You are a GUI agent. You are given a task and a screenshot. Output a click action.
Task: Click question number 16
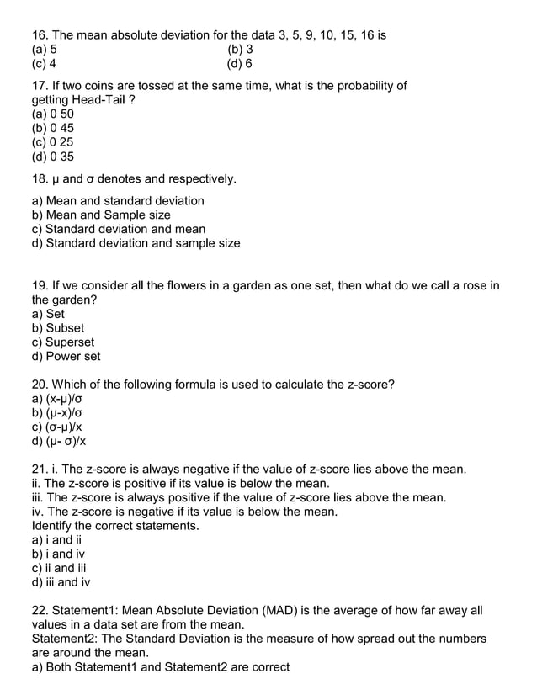pyautogui.click(x=40, y=35)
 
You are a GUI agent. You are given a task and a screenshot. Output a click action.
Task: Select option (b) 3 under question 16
pyautogui.click(x=240, y=50)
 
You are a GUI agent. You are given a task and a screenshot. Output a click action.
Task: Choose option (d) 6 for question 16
pyautogui.click(x=240, y=64)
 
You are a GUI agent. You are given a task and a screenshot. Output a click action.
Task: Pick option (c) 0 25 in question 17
pyautogui.click(x=52, y=142)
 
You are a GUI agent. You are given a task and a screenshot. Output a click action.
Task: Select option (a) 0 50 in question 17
pyautogui.click(x=52, y=114)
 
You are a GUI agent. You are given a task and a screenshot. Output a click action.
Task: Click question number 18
pyautogui.click(x=40, y=178)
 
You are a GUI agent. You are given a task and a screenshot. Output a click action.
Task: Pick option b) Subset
pyautogui.click(x=58, y=328)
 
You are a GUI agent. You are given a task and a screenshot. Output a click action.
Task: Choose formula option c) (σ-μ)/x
pyautogui.click(x=58, y=427)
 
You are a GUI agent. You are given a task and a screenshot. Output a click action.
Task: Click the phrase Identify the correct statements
pyautogui.click(x=115, y=526)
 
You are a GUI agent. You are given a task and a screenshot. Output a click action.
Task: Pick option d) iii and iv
pyautogui.click(x=61, y=582)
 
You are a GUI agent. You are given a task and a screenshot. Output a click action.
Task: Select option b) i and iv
pyautogui.click(x=58, y=554)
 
